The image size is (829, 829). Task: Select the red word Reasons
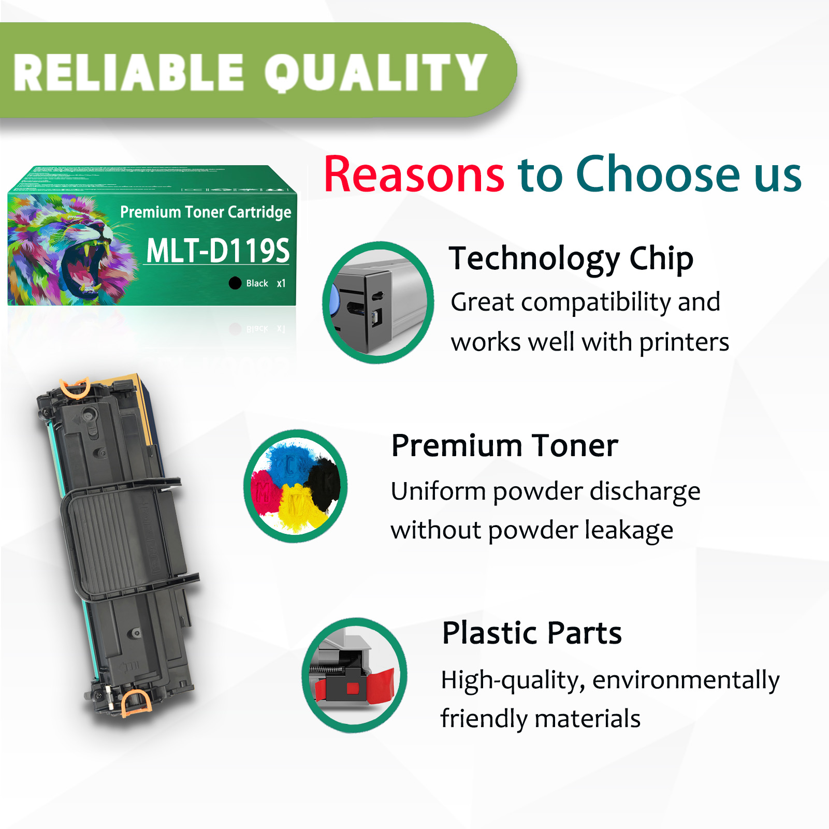coord(414,175)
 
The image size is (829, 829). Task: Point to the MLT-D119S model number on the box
coord(217,251)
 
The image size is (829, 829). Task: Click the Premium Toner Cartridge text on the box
coord(206,212)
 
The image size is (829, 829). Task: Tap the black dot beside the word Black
coord(235,283)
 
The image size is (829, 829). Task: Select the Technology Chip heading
coord(571,258)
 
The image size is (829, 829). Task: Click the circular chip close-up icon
coord(378,302)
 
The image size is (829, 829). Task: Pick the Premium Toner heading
coord(504,446)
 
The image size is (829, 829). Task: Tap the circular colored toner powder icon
coord(296,486)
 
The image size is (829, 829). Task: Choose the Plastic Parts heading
coord(531,633)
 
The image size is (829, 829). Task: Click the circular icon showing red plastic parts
coord(355,675)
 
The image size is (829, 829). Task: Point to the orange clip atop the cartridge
coord(76,387)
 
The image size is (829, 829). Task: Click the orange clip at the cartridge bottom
coord(136,703)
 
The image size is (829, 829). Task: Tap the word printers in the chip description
coord(683,342)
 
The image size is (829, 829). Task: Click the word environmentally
coord(686,680)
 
